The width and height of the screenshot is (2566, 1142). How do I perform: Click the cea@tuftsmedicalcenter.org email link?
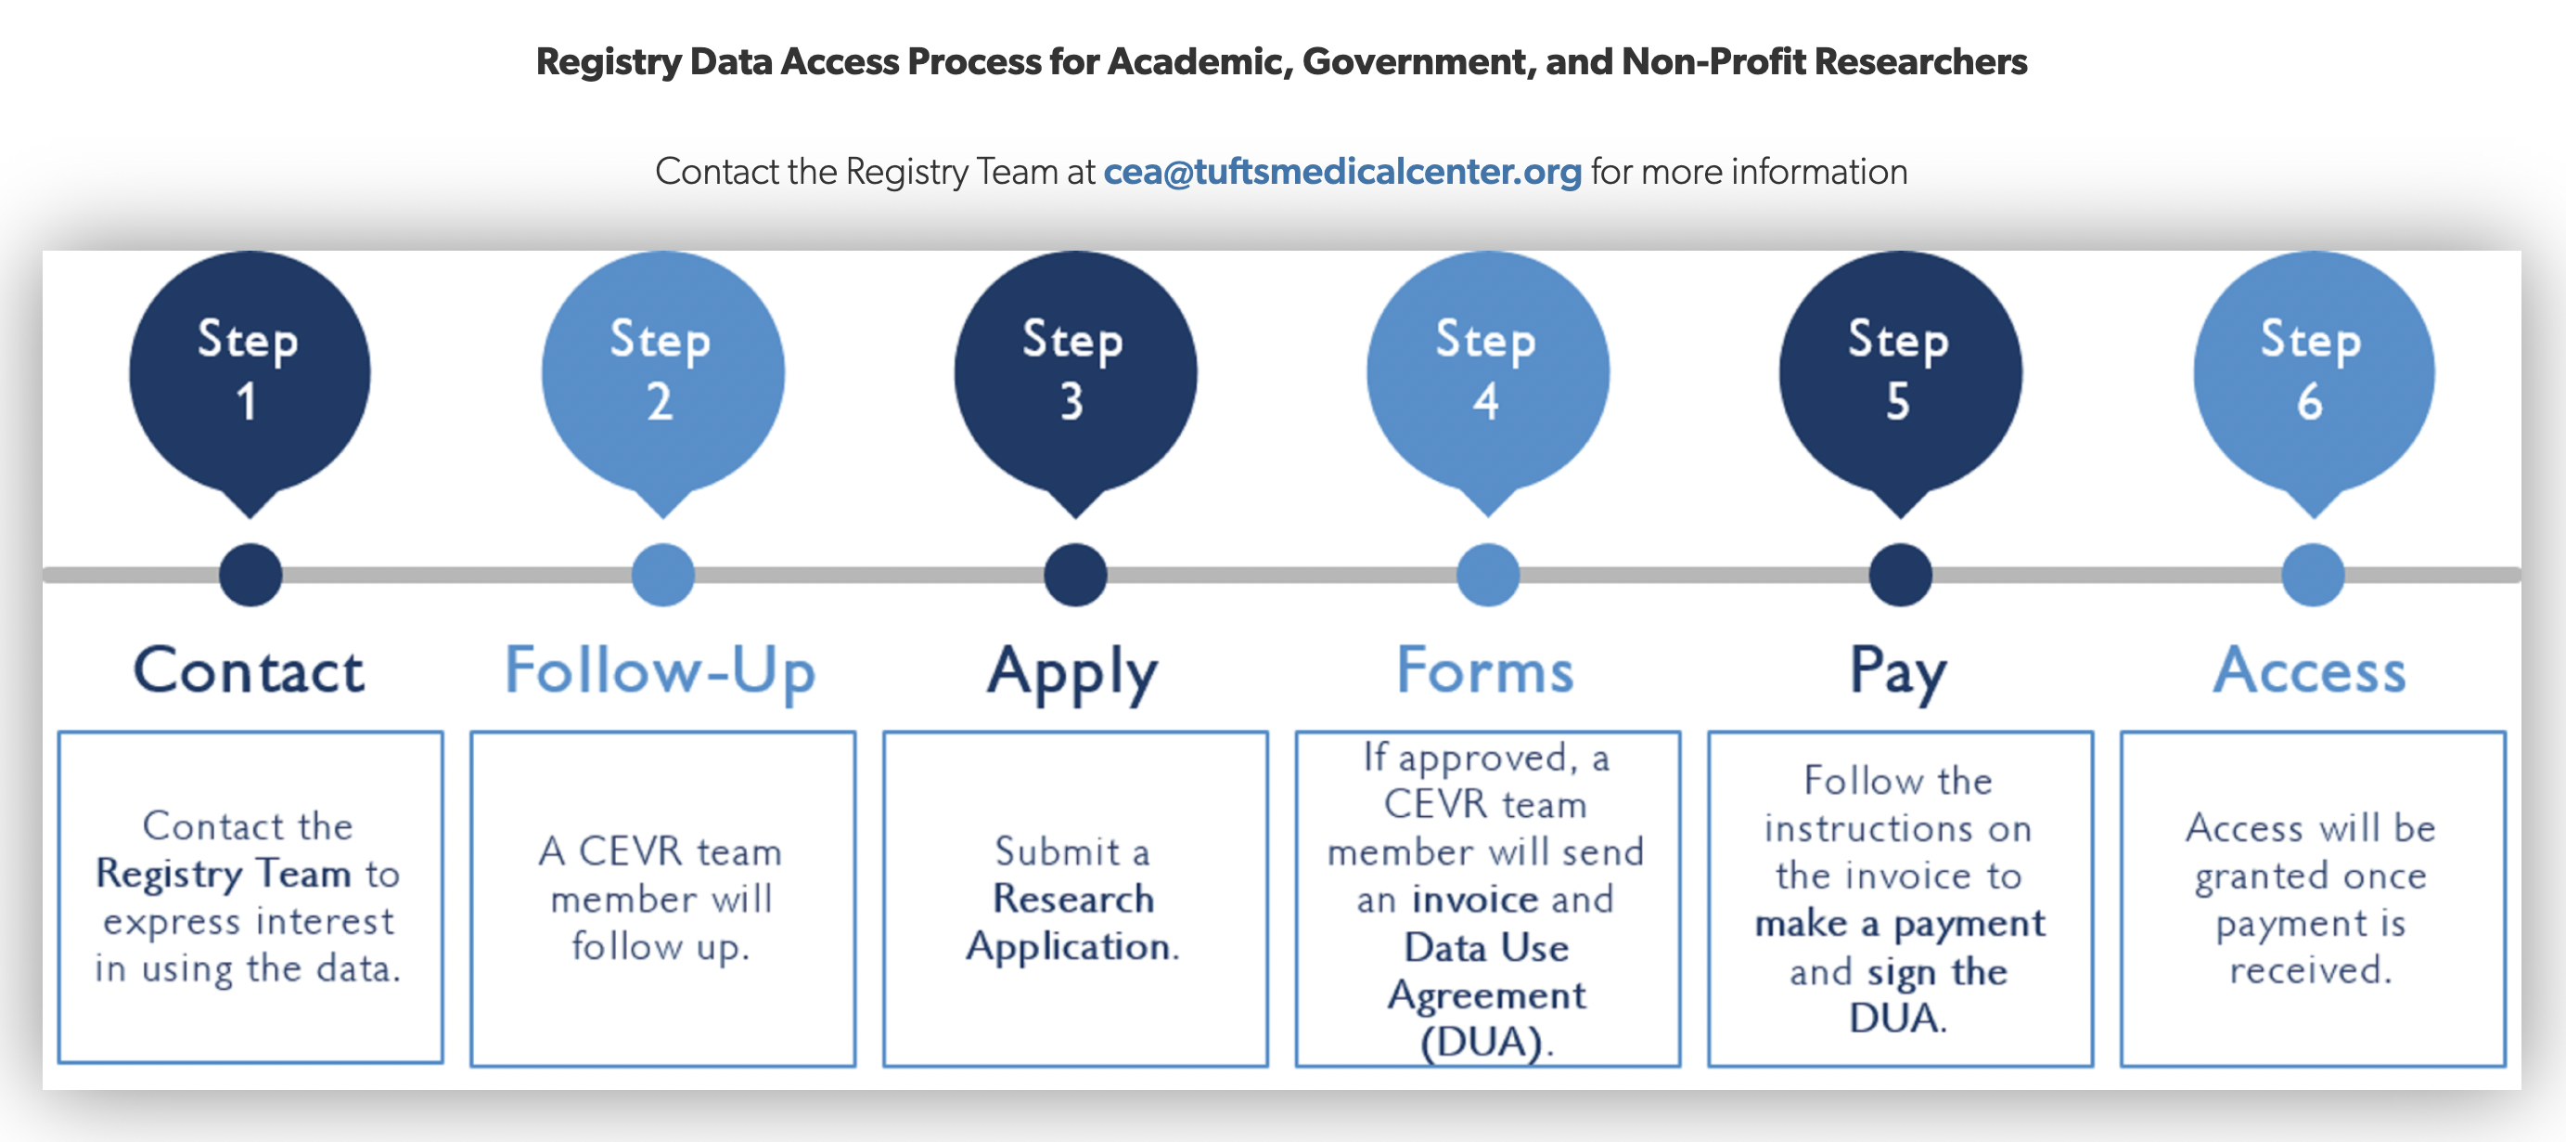(x=1341, y=173)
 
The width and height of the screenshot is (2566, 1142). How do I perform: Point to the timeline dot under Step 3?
(x=1075, y=575)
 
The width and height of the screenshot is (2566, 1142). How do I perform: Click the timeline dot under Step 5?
(x=1900, y=575)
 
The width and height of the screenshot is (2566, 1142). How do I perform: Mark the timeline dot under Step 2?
(x=662, y=575)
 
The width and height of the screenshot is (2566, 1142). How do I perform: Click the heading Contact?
(x=249, y=670)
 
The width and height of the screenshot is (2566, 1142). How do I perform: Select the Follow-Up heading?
(x=661, y=670)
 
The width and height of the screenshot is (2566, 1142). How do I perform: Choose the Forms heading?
(x=1485, y=670)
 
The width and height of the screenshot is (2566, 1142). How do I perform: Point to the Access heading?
(x=2310, y=670)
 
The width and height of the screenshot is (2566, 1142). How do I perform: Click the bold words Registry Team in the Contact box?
(x=224, y=874)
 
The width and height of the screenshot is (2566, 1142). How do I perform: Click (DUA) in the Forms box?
(x=1485, y=1043)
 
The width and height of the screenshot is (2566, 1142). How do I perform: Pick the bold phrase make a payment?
(x=1900, y=924)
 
